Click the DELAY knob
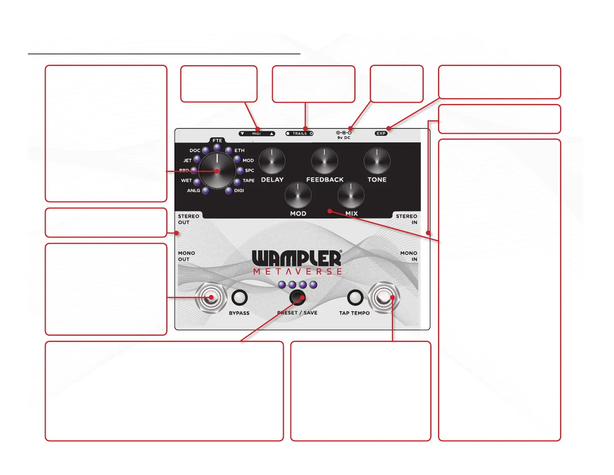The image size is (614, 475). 272,161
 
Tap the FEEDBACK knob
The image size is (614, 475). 324,161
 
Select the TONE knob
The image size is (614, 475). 377,161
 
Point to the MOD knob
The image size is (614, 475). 298,195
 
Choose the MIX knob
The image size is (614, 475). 351,195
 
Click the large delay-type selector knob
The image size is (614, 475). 217,171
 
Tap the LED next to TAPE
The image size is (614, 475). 237,182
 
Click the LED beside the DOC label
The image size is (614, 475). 205,151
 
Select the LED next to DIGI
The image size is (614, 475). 229,191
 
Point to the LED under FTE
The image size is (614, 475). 217,147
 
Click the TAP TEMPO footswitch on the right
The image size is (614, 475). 384,298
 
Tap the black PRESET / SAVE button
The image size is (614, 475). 297,298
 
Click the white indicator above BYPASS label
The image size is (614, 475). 239,298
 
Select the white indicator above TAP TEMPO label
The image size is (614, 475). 355,298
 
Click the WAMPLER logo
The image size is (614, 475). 297,258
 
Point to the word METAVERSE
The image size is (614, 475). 297,272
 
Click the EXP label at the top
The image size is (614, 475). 381,133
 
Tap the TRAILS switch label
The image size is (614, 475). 300,133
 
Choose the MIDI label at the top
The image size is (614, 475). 257,133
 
